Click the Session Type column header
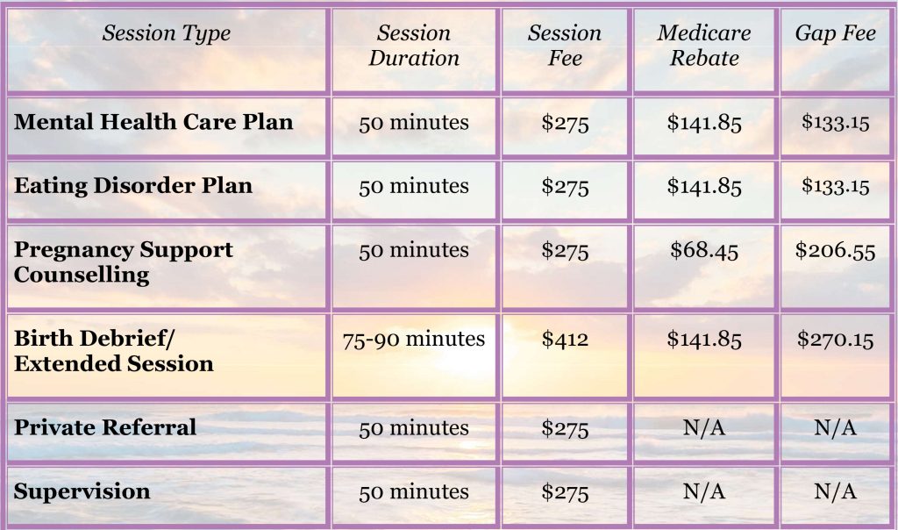(x=167, y=34)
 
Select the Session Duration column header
(x=414, y=46)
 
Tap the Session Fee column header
(x=565, y=46)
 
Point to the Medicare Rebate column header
(x=704, y=46)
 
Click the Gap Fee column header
(x=835, y=34)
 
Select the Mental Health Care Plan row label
(x=153, y=122)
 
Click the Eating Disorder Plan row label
(x=133, y=186)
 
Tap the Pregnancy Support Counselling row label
(x=123, y=261)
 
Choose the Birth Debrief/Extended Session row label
(x=113, y=351)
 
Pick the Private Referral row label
(x=105, y=427)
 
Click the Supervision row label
(x=82, y=491)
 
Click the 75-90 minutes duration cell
(x=414, y=340)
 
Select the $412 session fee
(x=565, y=340)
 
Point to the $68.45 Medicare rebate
(x=704, y=250)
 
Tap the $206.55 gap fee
(x=835, y=250)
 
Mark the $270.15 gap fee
(x=835, y=340)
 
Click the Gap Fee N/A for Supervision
(x=835, y=491)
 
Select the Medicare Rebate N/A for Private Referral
(x=704, y=428)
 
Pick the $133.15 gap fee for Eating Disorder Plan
(x=835, y=186)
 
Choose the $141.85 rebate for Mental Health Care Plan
(x=704, y=123)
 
